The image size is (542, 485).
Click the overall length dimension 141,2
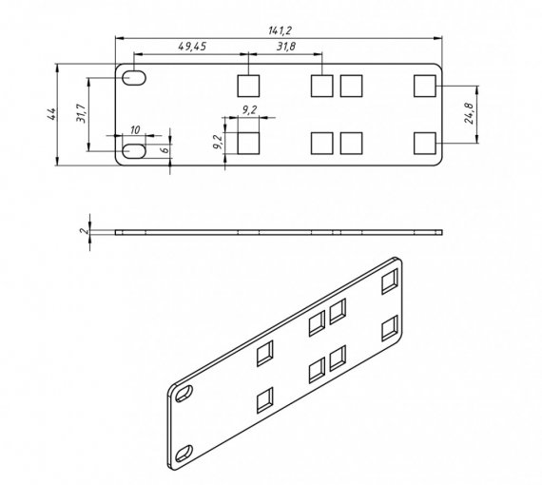click(280, 30)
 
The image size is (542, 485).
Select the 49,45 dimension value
click(192, 47)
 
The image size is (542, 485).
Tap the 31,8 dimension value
click(286, 47)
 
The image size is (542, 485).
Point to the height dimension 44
click(51, 114)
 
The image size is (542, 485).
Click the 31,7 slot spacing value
click(81, 114)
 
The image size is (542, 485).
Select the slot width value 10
click(135, 130)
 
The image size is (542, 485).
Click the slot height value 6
click(165, 149)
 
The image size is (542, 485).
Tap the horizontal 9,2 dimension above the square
click(249, 110)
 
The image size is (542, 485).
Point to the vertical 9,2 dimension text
click(218, 142)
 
